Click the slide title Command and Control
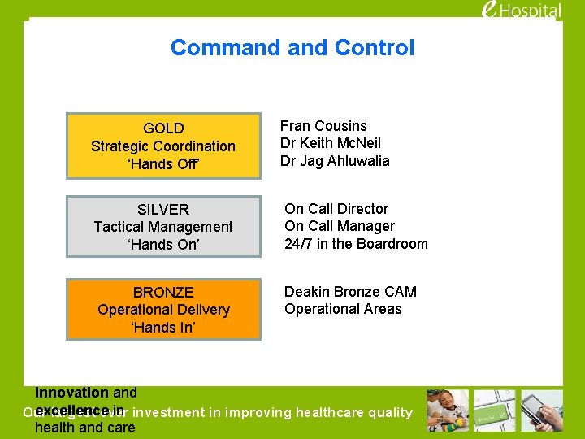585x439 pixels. [292, 48]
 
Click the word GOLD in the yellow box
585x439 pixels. [163, 128]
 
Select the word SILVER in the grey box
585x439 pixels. [163, 209]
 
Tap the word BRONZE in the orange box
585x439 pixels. [163, 292]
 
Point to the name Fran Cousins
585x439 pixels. [323, 126]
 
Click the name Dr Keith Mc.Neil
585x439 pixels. [330, 143]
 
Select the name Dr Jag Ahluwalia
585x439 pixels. [335, 161]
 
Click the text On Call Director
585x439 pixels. [336, 209]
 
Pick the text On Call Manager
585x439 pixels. [340, 226]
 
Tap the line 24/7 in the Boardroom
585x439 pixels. [356, 244]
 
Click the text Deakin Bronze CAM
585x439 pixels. [350, 292]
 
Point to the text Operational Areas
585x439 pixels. [343, 309]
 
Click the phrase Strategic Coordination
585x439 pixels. [163, 146]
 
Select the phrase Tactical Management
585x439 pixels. [163, 227]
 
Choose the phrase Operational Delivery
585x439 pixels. [163, 310]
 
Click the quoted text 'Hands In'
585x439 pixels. [163, 328]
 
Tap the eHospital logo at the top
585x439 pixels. [533, 11]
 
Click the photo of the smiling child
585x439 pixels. [448, 411]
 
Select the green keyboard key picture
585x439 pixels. [495, 411]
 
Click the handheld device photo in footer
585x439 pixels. [543, 411]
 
